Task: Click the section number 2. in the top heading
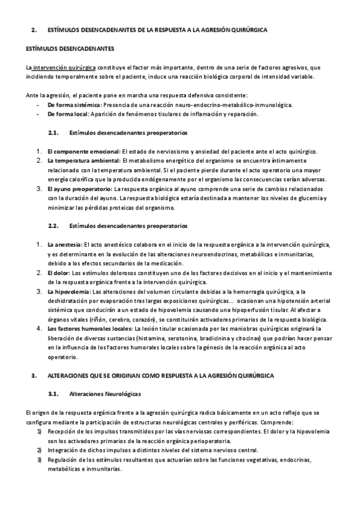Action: coord(34,29)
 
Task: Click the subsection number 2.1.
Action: coord(52,132)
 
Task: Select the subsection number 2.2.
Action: coord(52,226)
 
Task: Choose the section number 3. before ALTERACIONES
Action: coord(34,375)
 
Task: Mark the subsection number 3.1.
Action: coord(52,394)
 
